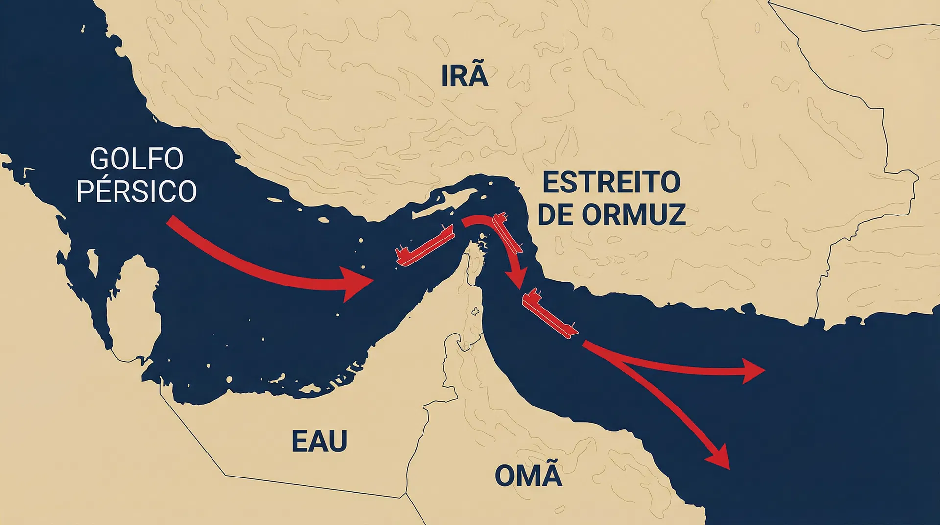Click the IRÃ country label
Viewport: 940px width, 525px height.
pyautogui.click(x=464, y=76)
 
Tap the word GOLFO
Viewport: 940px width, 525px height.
pyautogui.click(x=137, y=159)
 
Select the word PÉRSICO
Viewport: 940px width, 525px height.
pyautogui.click(x=137, y=191)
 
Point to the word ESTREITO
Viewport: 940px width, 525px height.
pyautogui.click(x=611, y=183)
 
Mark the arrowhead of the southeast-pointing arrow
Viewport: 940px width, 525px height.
pyautogui.click(x=719, y=457)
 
